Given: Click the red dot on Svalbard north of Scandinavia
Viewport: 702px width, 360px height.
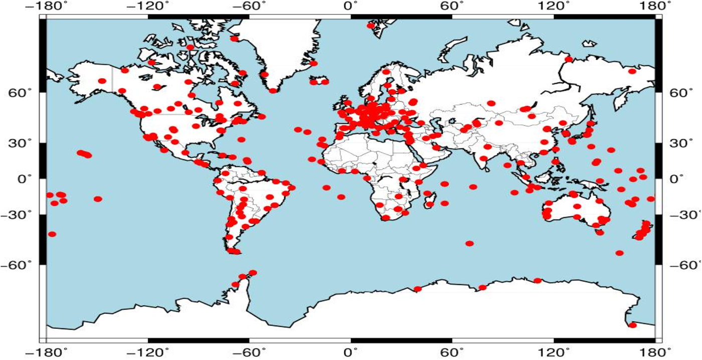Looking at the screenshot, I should (371, 26).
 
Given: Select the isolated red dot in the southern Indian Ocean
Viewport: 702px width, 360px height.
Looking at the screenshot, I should (469, 243).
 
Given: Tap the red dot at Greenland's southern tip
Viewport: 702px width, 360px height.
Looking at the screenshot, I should (273, 91).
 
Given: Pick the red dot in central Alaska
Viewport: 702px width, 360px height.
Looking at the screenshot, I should (102, 81).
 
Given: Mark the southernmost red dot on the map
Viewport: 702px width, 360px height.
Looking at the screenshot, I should (632, 325).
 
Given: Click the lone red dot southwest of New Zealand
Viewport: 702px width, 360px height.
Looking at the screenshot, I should (619, 253).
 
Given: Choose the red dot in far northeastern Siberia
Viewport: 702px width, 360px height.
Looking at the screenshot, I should (632, 71).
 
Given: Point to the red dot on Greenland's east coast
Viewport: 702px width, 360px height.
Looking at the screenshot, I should (314, 63).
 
